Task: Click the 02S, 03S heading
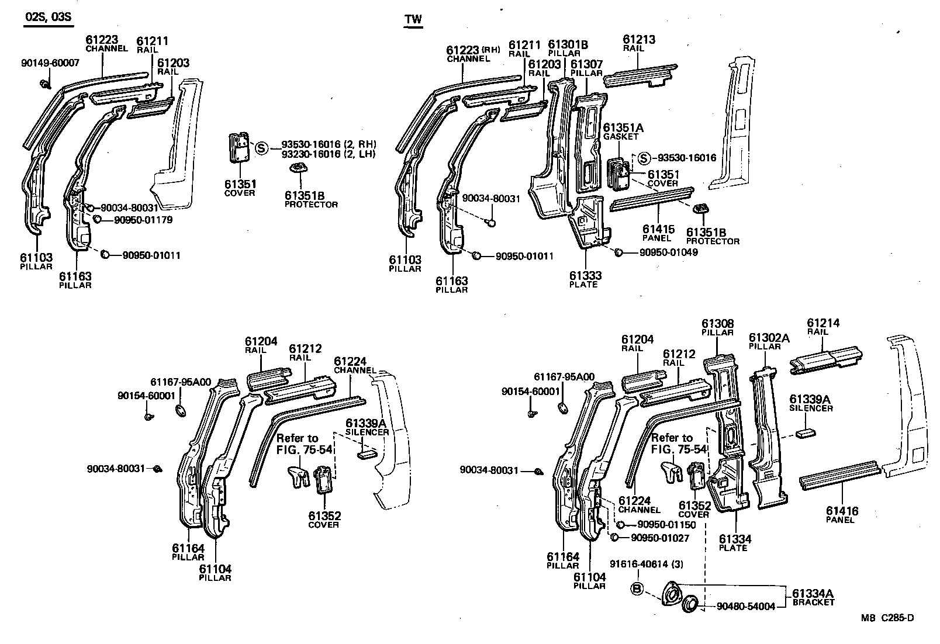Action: pos(48,17)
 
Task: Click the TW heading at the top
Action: pos(413,19)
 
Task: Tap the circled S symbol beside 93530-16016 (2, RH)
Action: pos(261,148)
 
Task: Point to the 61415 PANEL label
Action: pos(658,233)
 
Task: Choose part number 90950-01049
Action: pos(668,252)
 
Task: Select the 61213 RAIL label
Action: pos(638,44)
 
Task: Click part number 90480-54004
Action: pos(746,607)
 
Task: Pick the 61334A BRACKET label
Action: pos(813,598)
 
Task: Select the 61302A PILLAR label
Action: pos(769,341)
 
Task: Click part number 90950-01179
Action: pos(143,220)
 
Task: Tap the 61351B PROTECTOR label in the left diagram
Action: pos(311,200)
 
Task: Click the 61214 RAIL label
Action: pos(823,327)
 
